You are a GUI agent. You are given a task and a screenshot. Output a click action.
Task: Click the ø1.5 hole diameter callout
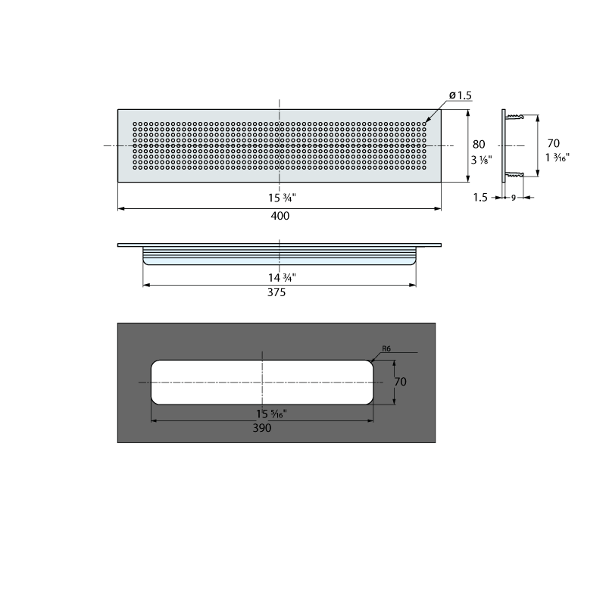[x=461, y=95]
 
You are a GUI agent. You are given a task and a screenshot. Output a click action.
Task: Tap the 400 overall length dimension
[x=280, y=216]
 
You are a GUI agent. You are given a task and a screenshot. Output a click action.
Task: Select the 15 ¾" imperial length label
[x=282, y=198]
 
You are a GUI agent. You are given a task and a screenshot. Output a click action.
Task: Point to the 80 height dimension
[x=479, y=145]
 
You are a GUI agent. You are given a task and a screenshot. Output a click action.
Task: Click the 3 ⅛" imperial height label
[x=481, y=160]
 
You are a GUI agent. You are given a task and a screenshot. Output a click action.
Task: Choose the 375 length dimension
[x=276, y=292]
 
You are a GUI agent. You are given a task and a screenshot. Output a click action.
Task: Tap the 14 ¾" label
[x=282, y=277]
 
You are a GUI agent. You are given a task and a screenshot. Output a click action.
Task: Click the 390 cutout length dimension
[x=262, y=428]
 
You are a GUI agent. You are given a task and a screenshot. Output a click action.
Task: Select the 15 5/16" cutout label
[x=271, y=414]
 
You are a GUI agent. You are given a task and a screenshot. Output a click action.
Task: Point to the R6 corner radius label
[x=386, y=348]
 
